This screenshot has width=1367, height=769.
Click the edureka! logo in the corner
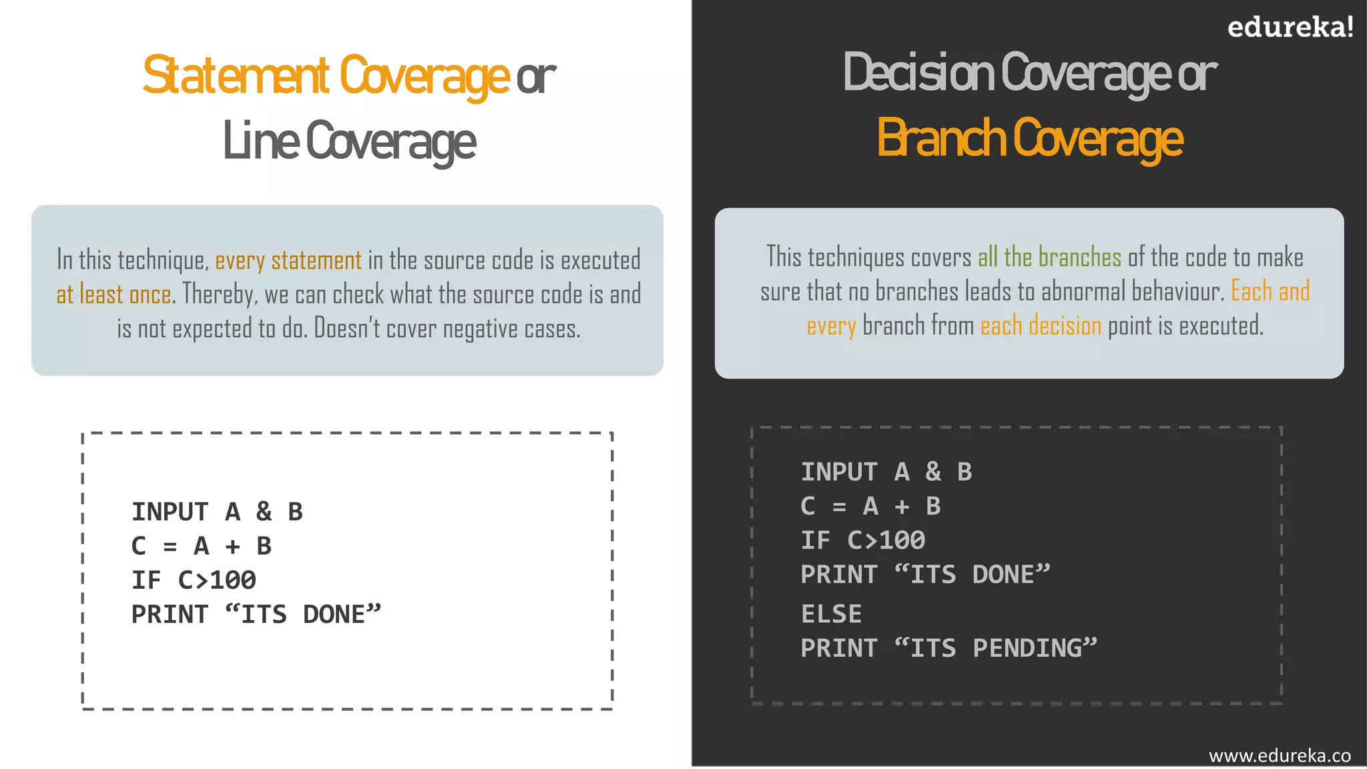[x=1290, y=27]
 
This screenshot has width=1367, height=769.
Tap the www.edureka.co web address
[x=1279, y=755]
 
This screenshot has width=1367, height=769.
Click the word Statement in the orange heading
[x=236, y=75]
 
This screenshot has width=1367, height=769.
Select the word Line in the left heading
[x=260, y=141]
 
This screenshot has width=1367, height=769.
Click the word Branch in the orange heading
[x=941, y=138]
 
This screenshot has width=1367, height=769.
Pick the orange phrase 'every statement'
[x=288, y=260]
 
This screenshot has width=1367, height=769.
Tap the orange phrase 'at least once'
[x=113, y=294]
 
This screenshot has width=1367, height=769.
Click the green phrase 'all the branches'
[x=1049, y=258]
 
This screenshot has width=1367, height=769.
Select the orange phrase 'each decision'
[x=1041, y=326]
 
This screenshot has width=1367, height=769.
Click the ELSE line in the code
[x=832, y=614]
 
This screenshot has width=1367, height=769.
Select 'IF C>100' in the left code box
[x=194, y=580]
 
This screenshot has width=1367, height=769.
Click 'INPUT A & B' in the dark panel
[x=886, y=472]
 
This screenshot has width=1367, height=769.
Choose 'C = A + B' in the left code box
[x=201, y=546]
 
